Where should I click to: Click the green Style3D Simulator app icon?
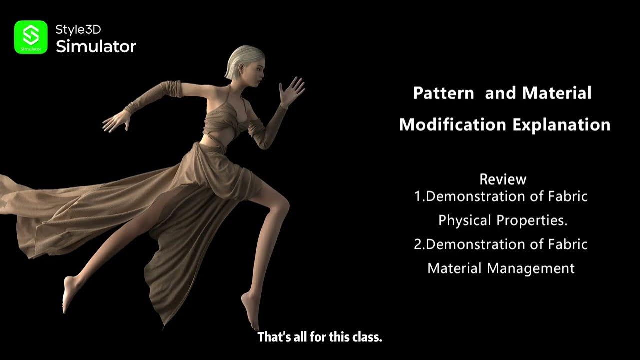pyautogui.click(x=31, y=37)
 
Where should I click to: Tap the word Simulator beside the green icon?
pyautogui.click(x=96, y=47)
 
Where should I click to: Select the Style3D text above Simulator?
pyautogui.click(x=78, y=30)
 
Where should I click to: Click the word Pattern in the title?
pyautogui.click(x=443, y=93)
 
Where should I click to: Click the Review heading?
pyautogui.click(x=503, y=179)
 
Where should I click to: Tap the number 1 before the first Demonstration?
pyautogui.click(x=418, y=196)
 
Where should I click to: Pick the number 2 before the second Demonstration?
pyautogui.click(x=418, y=244)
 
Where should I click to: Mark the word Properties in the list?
pyautogui.click(x=532, y=220)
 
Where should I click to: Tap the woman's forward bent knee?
pyautogui.click(x=282, y=205)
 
